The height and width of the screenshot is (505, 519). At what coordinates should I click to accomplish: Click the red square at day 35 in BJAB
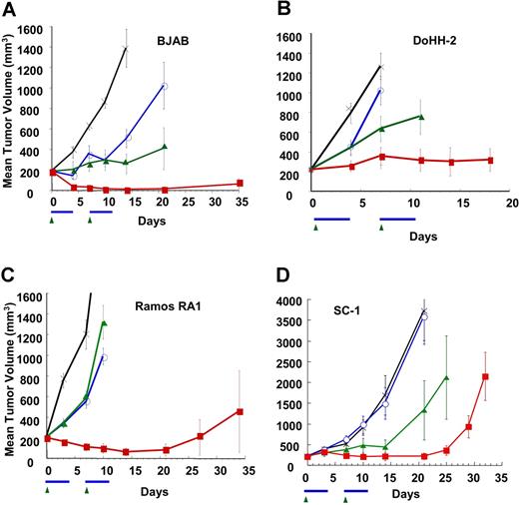click(240, 183)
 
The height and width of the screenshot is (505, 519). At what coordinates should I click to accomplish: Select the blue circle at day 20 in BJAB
click(165, 86)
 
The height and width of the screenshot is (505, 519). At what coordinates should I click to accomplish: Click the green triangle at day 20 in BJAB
click(165, 147)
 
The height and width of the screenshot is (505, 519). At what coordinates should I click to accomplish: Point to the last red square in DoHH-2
click(490, 160)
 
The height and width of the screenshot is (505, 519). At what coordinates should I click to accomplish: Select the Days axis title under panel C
click(146, 493)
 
